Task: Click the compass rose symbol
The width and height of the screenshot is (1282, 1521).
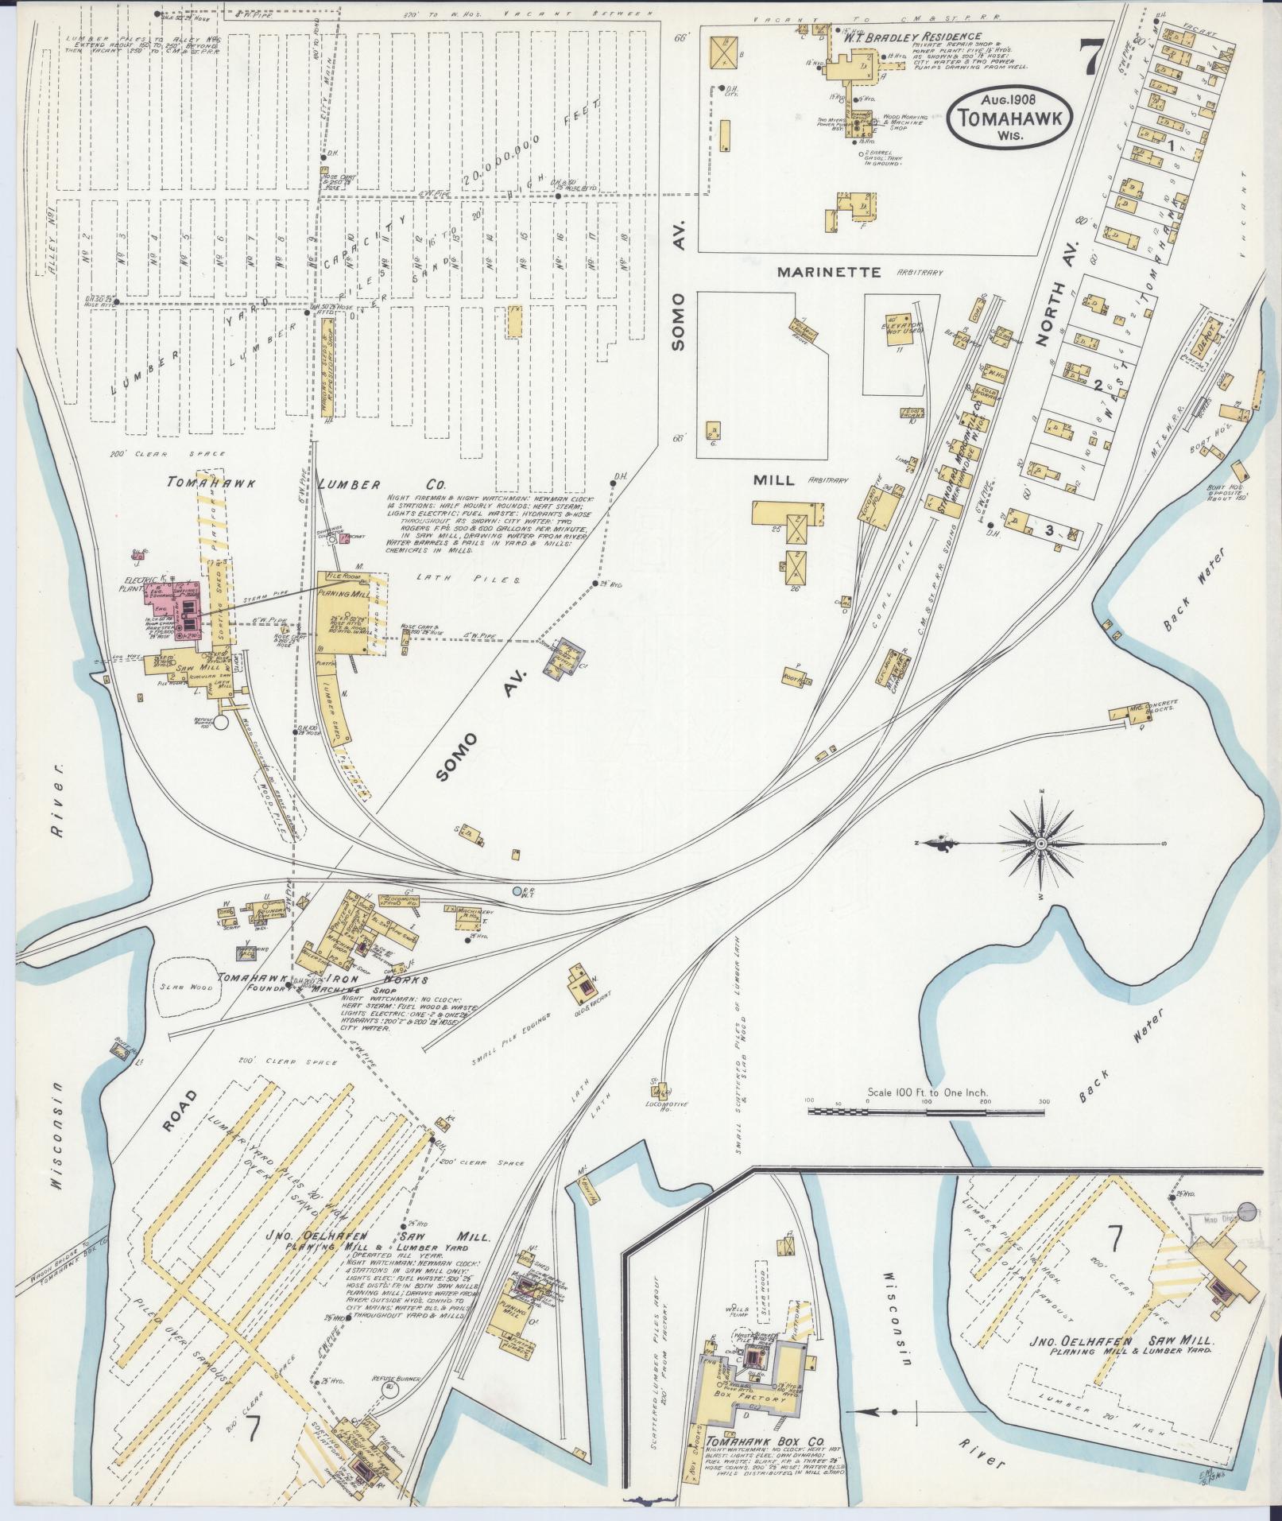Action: pos(1040,843)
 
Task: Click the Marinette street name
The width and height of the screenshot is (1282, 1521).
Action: pos(829,273)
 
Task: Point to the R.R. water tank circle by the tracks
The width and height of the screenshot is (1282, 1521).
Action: pos(517,891)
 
